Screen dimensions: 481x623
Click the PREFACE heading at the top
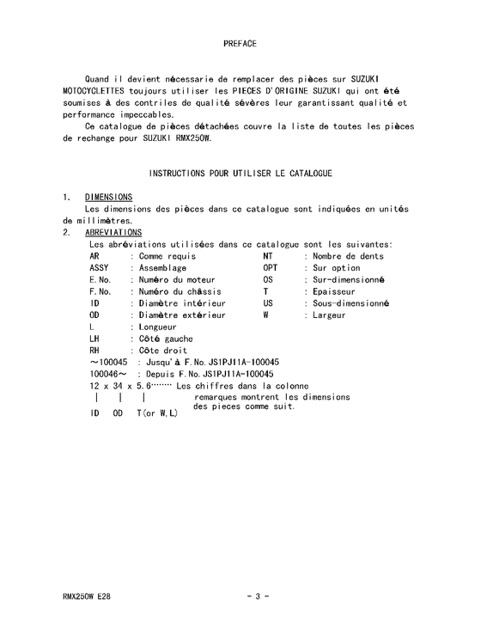click(x=240, y=43)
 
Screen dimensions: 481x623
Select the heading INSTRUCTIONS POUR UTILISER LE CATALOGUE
click(x=240, y=174)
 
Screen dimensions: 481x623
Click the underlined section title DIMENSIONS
click(x=108, y=197)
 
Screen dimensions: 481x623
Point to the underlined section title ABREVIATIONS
click(x=113, y=233)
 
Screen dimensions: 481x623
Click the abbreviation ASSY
click(x=100, y=268)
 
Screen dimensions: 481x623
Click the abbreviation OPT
click(x=271, y=268)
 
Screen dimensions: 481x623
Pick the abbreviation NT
click(x=268, y=256)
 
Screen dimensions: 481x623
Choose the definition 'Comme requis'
click(x=167, y=256)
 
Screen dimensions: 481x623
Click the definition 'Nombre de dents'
click(x=348, y=256)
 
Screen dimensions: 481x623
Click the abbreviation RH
click(x=95, y=351)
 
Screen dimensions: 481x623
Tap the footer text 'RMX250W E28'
click(x=87, y=595)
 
